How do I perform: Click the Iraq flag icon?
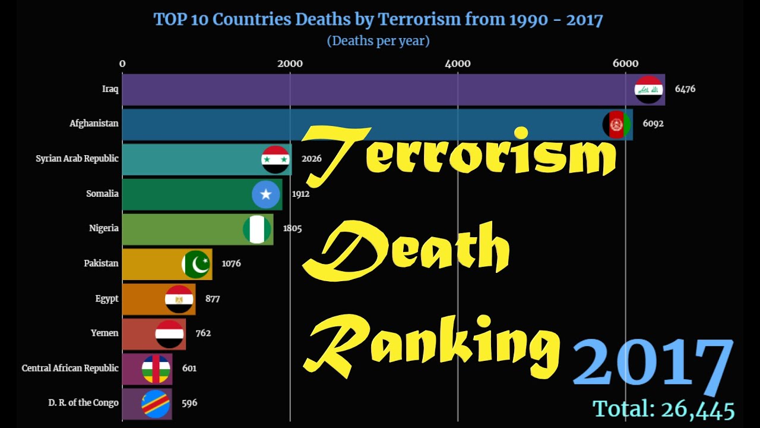click(x=648, y=90)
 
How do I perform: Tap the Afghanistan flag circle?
click(x=617, y=125)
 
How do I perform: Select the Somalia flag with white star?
click(x=265, y=194)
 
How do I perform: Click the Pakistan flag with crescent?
click(x=196, y=264)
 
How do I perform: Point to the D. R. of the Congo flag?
click(x=156, y=404)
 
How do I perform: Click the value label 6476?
click(x=685, y=89)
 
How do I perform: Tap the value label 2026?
click(x=311, y=159)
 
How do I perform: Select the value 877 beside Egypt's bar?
click(x=212, y=298)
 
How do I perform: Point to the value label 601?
click(x=189, y=368)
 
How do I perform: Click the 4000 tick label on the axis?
click(x=458, y=64)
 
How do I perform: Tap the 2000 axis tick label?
click(x=290, y=64)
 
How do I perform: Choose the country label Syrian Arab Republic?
click(x=77, y=159)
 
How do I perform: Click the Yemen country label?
click(x=104, y=333)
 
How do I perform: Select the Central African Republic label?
click(x=70, y=368)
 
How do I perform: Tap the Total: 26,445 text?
click(x=663, y=410)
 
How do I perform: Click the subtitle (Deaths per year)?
click(x=378, y=41)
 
